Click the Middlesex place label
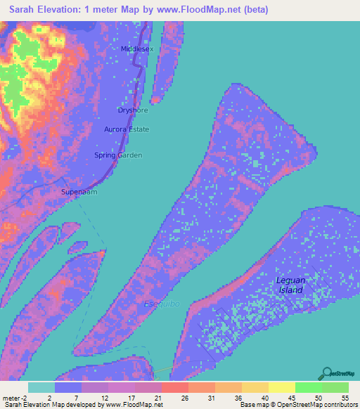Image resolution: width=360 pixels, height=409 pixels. tap(137, 49)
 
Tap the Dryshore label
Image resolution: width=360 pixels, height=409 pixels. tap(133, 110)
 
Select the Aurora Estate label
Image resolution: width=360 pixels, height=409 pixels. tap(126, 130)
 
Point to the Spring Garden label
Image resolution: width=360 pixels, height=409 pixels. tap(118, 155)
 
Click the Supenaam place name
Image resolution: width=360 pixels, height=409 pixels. tap(79, 192)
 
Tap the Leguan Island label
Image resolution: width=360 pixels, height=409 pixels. tap(289, 285)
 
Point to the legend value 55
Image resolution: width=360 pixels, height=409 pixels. tap(345, 398)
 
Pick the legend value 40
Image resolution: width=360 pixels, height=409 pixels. tap(264, 398)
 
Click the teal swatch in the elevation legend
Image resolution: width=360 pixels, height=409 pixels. tap(41, 387)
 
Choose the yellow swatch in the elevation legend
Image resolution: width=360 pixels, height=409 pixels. tap(282, 387)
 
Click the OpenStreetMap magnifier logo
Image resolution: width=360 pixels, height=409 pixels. tap(326, 374)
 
